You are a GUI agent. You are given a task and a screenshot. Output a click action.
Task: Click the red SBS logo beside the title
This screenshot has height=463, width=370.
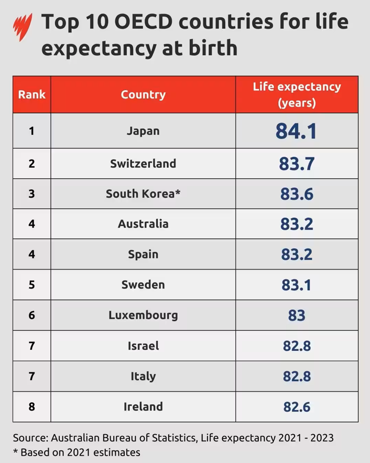tap(23, 27)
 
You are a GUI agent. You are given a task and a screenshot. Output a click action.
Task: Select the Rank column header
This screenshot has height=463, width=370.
tap(31, 94)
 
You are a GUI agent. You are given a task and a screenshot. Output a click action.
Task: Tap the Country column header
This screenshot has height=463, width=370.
tap(143, 95)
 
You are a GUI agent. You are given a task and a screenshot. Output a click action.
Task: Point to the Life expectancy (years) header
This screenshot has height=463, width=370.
tap(297, 94)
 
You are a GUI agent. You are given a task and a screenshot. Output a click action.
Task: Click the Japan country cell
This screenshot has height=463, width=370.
tap(143, 131)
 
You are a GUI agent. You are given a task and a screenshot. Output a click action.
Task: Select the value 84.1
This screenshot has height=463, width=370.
tap(296, 131)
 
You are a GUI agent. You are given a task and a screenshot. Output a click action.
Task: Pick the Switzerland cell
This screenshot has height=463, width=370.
tap(143, 163)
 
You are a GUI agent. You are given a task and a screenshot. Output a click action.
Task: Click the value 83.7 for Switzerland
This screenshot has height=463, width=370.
tap(297, 164)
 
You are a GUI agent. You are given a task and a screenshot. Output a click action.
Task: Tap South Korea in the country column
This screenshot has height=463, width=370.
tap(143, 193)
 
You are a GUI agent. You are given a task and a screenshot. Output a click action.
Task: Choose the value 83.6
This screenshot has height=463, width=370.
tap(297, 194)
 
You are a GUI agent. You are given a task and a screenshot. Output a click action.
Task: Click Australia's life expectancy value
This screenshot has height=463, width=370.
tap(297, 224)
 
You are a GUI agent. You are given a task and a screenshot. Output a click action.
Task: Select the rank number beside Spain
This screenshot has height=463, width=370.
tap(31, 254)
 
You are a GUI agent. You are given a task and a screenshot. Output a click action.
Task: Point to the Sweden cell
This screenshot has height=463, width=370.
tap(143, 285)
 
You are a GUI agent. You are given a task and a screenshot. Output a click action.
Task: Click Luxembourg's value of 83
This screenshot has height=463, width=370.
tap(297, 315)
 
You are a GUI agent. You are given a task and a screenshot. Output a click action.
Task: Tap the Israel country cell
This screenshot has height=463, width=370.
tap(143, 346)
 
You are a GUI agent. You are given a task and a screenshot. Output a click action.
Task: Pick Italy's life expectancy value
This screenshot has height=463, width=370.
tap(297, 376)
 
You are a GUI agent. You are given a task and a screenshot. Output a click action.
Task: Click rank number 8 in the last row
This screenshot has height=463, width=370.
tap(31, 406)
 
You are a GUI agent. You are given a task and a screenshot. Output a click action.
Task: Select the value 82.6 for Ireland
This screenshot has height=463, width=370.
tap(297, 407)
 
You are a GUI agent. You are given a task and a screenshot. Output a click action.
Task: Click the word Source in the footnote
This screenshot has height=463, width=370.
tap(30, 438)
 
